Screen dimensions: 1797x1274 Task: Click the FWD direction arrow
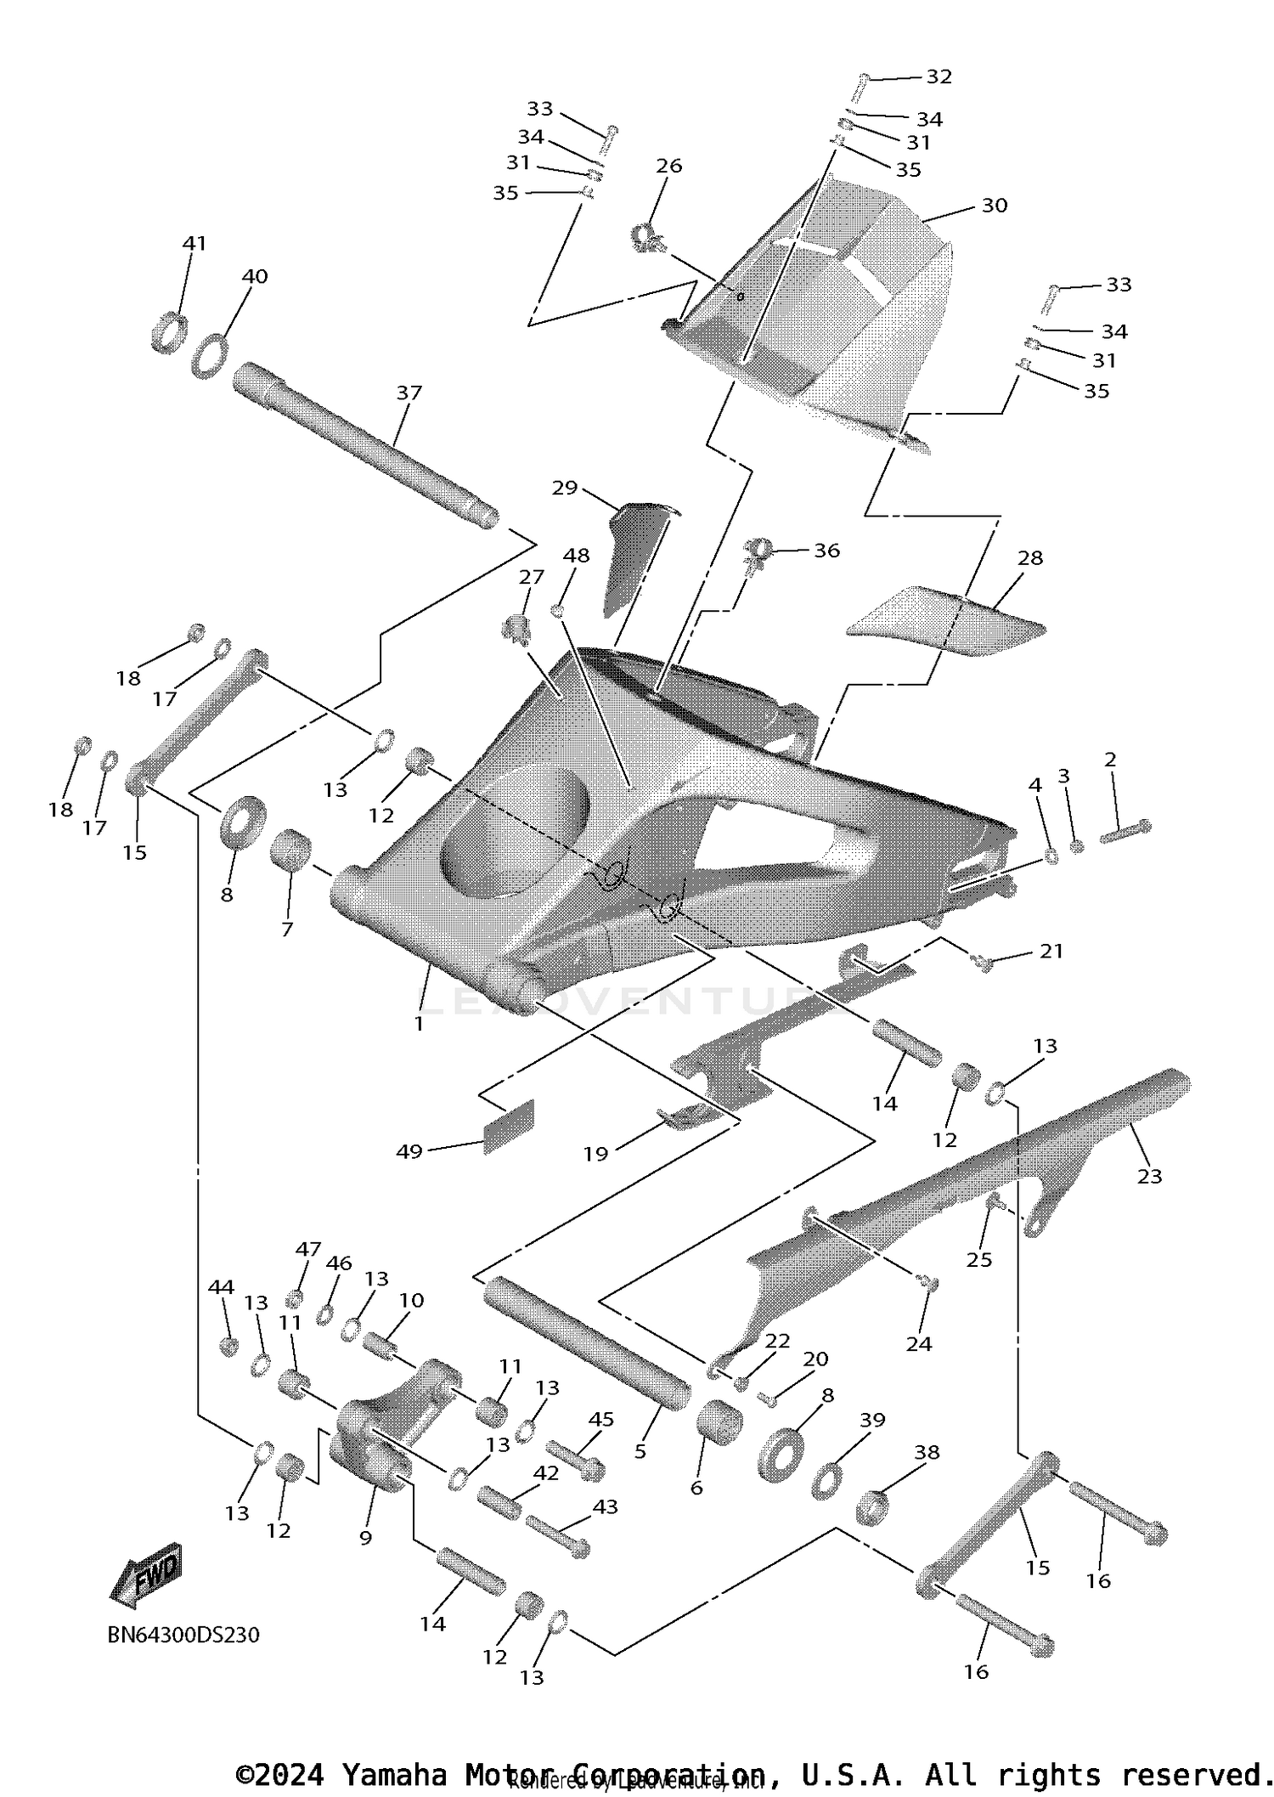(147, 1575)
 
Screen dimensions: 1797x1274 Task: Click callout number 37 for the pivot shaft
(409, 393)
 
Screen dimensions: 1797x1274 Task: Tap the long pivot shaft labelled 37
(365, 446)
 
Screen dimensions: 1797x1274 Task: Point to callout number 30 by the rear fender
(995, 206)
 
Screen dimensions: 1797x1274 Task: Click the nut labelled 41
(169, 333)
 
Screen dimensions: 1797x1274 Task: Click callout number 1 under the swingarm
(419, 1024)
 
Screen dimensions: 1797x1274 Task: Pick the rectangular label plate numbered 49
(509, 1127)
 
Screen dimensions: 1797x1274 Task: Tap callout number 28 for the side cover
(1030, 558)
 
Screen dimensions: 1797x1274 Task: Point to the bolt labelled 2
(1125, 832)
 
